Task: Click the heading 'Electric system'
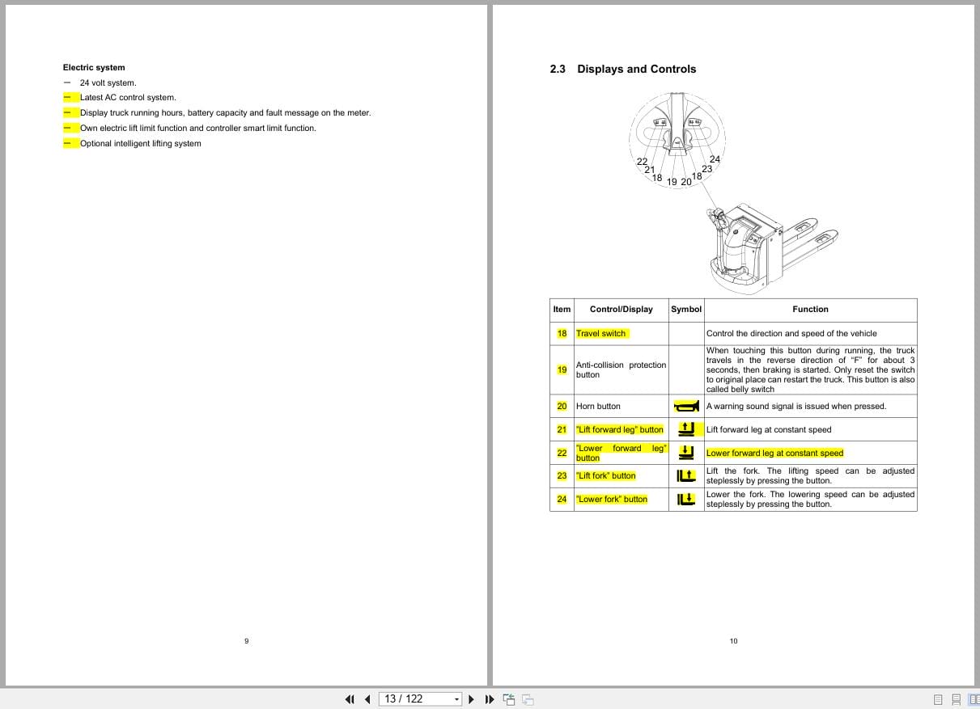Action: pyautogui.click(x=94, y=68)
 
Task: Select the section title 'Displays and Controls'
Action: pyautogui.click(x=636, y=70)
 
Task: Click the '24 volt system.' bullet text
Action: pyautogui.click(x=108, y=82)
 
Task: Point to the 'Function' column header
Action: pyautogui.click(x=810, y=310)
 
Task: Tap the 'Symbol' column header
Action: pyautogui.click(x=686, y=310)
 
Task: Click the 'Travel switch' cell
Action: pyautogui.click(x=601, y=334)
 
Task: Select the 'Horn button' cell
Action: pyautogui.click(x=598, y=407)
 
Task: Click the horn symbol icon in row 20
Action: pyautogui.click(x=685, y=406)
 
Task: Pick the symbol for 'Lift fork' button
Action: pyautogui.click(x=686, y=476)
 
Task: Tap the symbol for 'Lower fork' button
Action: pyautogui.click(x=686, y=500)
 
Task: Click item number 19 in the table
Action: pyautogui.click(x=562, y=370)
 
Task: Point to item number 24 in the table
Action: pyautogui.click(x=562, y=500)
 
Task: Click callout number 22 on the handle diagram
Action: pyautogui.click(x=642, y=162)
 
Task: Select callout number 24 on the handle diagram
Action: pyautogui.click(x=715, y=159)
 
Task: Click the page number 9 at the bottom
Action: pyautogui.click(x=246, y=641)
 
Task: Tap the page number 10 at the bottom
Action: pyautogui.click(x=733, y=641)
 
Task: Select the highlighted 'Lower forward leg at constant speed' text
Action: pyautogui.click(x=774, y=454)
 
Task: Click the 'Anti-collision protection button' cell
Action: pyautogui.click(x=621, y=370)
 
